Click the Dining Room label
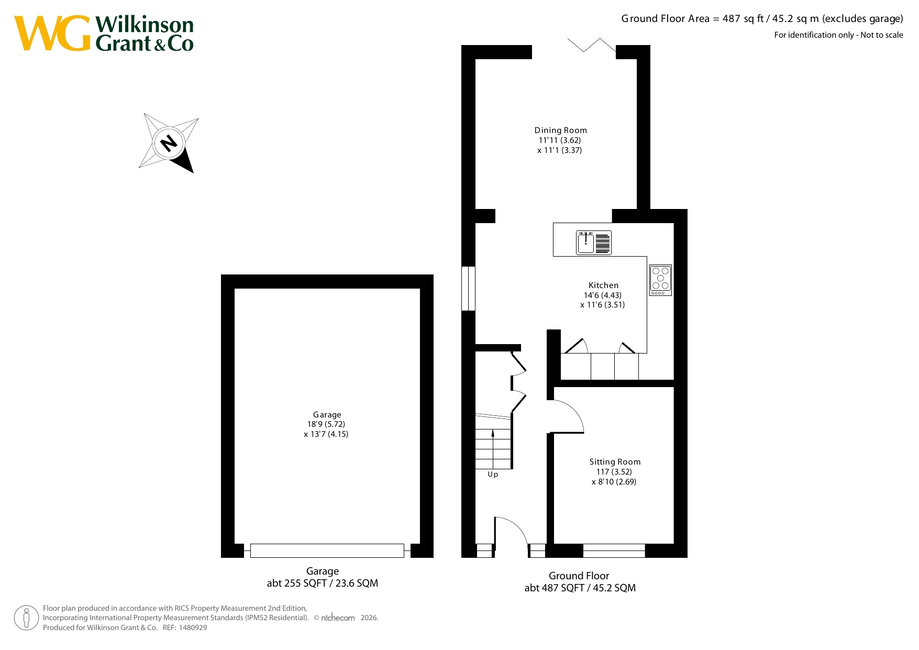[x=560, y=130]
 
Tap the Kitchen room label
[x=603, y=285]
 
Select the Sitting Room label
[x=615, y=462]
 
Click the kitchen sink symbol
[x=594, y=243]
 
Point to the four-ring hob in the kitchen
[x=660, y=280]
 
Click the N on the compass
[x=169, y=142]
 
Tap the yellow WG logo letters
[x=52, y=33]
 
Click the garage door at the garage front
[x=327, y=550]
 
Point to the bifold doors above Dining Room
[x=592, y=45]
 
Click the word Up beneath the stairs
[x=493, y=475]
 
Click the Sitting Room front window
[x=614, y=550]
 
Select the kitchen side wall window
[x=468, y=289]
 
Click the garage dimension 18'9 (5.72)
[x=326, y=424]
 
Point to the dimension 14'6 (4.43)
[x=603, y=295]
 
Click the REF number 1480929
[x=193, y=627]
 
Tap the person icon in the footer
[x=26, y=618]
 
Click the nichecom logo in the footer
[x=338, y=618]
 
